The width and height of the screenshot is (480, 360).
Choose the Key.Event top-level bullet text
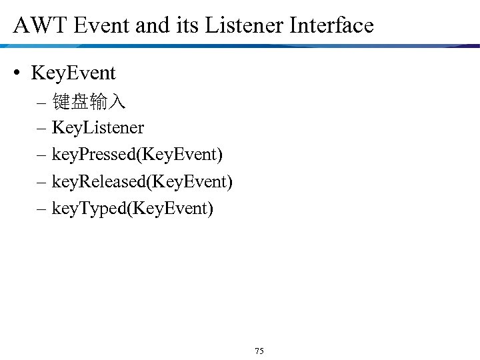73,73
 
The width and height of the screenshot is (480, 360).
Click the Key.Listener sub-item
97,127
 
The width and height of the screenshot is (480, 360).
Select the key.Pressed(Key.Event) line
137,155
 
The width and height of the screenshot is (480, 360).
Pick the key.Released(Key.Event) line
142,182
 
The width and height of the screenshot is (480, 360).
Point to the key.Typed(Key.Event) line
133,209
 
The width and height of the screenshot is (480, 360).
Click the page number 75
259,351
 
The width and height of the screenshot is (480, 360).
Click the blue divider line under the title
240,46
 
